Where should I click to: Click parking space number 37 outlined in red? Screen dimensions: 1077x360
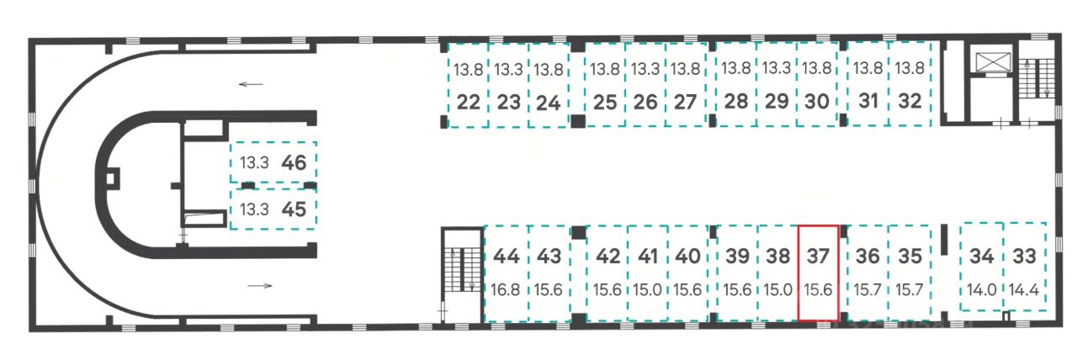point(817,272)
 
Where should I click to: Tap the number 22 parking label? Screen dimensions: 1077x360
point(469,103)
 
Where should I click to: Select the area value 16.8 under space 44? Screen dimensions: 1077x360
point(507,289)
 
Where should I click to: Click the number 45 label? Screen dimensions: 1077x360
point(294,209)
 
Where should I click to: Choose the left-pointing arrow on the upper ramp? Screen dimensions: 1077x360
point(251,84)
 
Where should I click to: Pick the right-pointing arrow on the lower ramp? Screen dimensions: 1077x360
point(261,286)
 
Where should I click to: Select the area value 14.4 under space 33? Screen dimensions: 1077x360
point(1025,289)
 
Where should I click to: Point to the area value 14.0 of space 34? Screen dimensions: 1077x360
point(982,289)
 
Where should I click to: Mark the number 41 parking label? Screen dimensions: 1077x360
point(647,256)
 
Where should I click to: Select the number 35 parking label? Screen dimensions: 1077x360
point(910,256)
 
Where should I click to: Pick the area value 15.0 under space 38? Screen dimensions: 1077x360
point(778,289)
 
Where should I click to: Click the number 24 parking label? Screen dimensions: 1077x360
point(549,103)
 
